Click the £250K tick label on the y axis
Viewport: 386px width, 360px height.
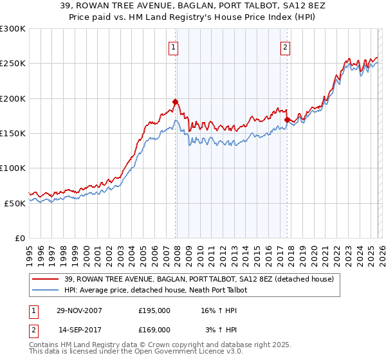pos(13,64)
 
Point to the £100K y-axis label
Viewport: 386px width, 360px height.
pos(13,168)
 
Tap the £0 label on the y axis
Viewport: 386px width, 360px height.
pos(21,238)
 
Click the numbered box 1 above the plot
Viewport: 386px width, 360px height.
pos(174,46)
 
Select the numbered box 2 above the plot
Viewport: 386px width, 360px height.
pos(285,46)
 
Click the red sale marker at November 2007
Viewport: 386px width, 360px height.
pos(175,102)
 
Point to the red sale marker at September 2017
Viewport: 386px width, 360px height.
pos(287,120)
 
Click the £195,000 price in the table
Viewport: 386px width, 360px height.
pos(154,310)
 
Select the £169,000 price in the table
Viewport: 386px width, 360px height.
pos(154,329)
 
